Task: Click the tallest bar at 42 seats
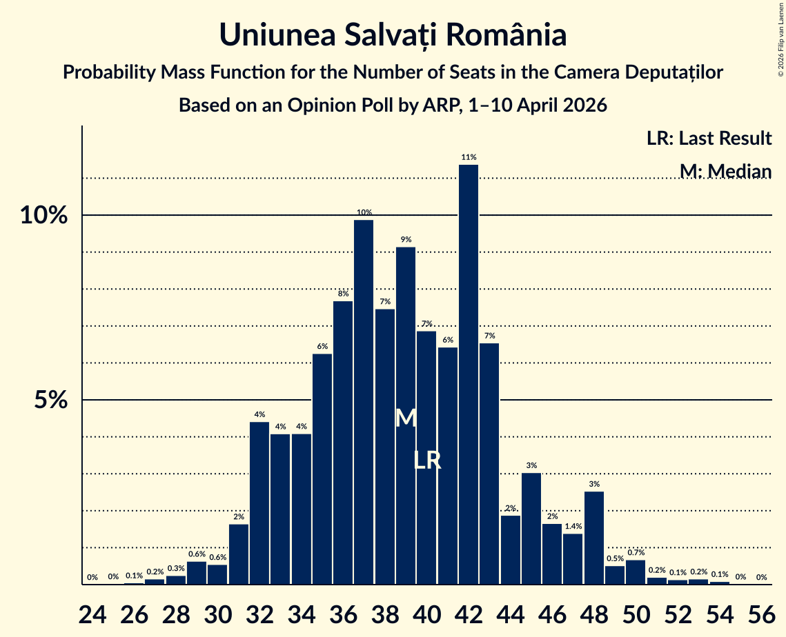click(x=469, y=374)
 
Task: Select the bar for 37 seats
click(x=364, y=402)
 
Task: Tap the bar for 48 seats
click(x=594, y=538)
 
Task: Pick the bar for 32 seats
click(x=259, y=503)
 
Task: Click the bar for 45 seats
click(x=531, y=529)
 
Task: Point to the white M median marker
click(x=406, y=418)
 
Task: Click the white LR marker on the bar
click(x=428, y=461)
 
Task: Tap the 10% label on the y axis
click(x=44, y=215)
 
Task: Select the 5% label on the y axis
click(x=51, y=400)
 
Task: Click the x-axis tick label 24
click(x=92, y=614)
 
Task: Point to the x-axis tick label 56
click(x=761, y=614)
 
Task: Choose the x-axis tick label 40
click(x=427, y=614)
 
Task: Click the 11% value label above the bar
click(x=469, y=157)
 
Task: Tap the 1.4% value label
click(x=573, y=526)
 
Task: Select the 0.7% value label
click(x=636, y=552)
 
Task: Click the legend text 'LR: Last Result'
click(x=709, y=138)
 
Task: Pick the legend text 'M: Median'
click(x=726, y=171)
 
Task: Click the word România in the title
click(x=507, y=35)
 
